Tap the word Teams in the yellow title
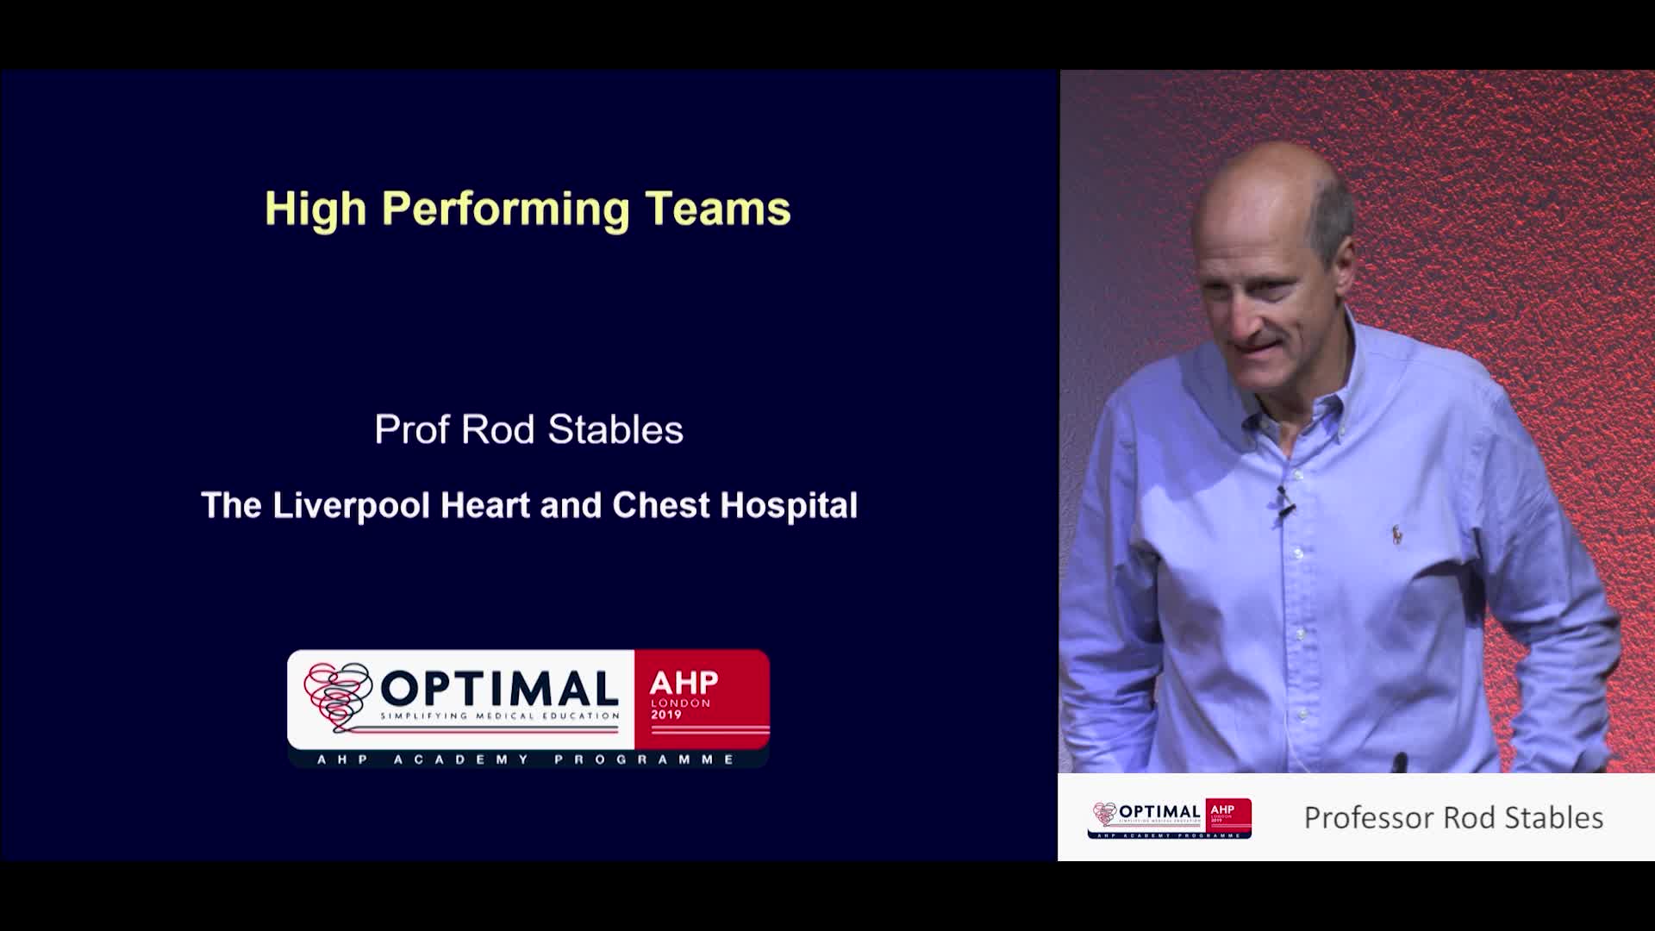click(718, 209)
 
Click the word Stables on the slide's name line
click(615, 429)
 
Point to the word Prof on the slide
click(411, 429)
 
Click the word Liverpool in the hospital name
click(351, 506)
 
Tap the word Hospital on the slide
click(789, 506)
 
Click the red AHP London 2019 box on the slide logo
click(702, 699)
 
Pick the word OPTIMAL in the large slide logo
click(499, 689)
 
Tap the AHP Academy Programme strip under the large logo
click(528, 759)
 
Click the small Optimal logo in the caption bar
click(1169, 818)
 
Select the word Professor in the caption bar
click(1370, 817)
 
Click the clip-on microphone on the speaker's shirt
click(1284, 502)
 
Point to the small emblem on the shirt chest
click(1396, 535)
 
